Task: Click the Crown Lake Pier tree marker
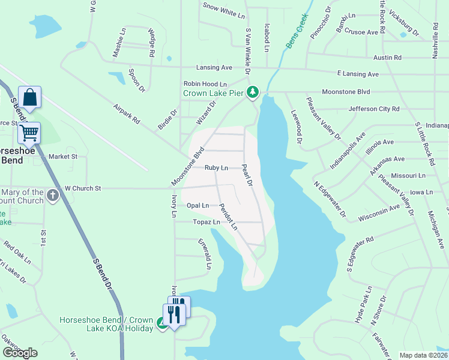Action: click(x=253, y=91)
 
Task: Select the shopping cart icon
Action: click(x=29, y=132)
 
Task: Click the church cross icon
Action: click(x=52, y=195)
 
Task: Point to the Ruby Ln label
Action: click(x=216, y=168)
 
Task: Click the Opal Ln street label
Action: click(x=197, y=205)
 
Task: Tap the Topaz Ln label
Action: click(x=207, y=222)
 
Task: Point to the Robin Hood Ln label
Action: click(x=205, y=84)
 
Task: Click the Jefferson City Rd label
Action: click(x=374, y=109)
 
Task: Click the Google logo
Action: click(x=20, y=353)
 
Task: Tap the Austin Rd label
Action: click(x=387, y=57)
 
